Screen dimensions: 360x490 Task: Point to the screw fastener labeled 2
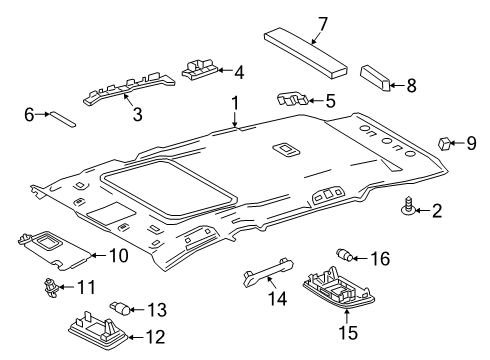[x=410, y=208]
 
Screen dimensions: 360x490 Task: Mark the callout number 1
[x=236, y=102]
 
